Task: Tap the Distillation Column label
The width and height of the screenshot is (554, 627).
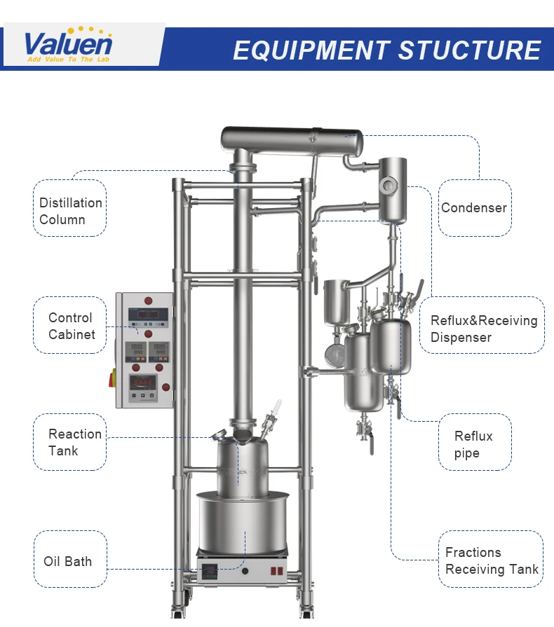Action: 71,211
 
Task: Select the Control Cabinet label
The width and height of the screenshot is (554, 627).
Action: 71,326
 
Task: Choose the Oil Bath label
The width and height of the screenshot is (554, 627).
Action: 68,561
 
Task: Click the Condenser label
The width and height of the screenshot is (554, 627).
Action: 474,207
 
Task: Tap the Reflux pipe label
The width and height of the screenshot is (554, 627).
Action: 473,444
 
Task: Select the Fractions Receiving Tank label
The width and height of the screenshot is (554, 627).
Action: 492,561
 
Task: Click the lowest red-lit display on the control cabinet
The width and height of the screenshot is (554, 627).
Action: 144,383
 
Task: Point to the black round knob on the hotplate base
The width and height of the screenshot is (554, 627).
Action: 245,571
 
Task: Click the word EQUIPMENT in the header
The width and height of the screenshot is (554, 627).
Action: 311,50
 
